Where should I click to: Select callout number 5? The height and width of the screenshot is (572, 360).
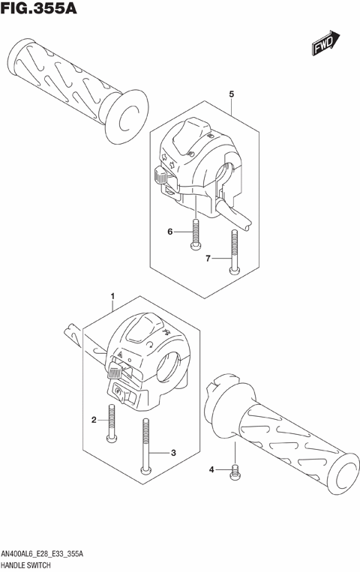(232, 94)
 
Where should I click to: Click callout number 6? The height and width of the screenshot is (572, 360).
(170, 232)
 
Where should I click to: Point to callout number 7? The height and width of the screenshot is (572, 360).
(209, 259)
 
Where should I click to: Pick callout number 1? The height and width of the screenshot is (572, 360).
(113, 298)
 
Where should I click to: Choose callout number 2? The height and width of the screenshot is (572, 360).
(94, 419)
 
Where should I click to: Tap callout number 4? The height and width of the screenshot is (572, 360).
(212, 469)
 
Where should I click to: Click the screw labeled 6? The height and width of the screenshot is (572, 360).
(195, 232)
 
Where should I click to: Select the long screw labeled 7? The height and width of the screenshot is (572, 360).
(235, 253)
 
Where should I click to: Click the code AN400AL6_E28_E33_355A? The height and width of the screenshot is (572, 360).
(52, 553)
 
